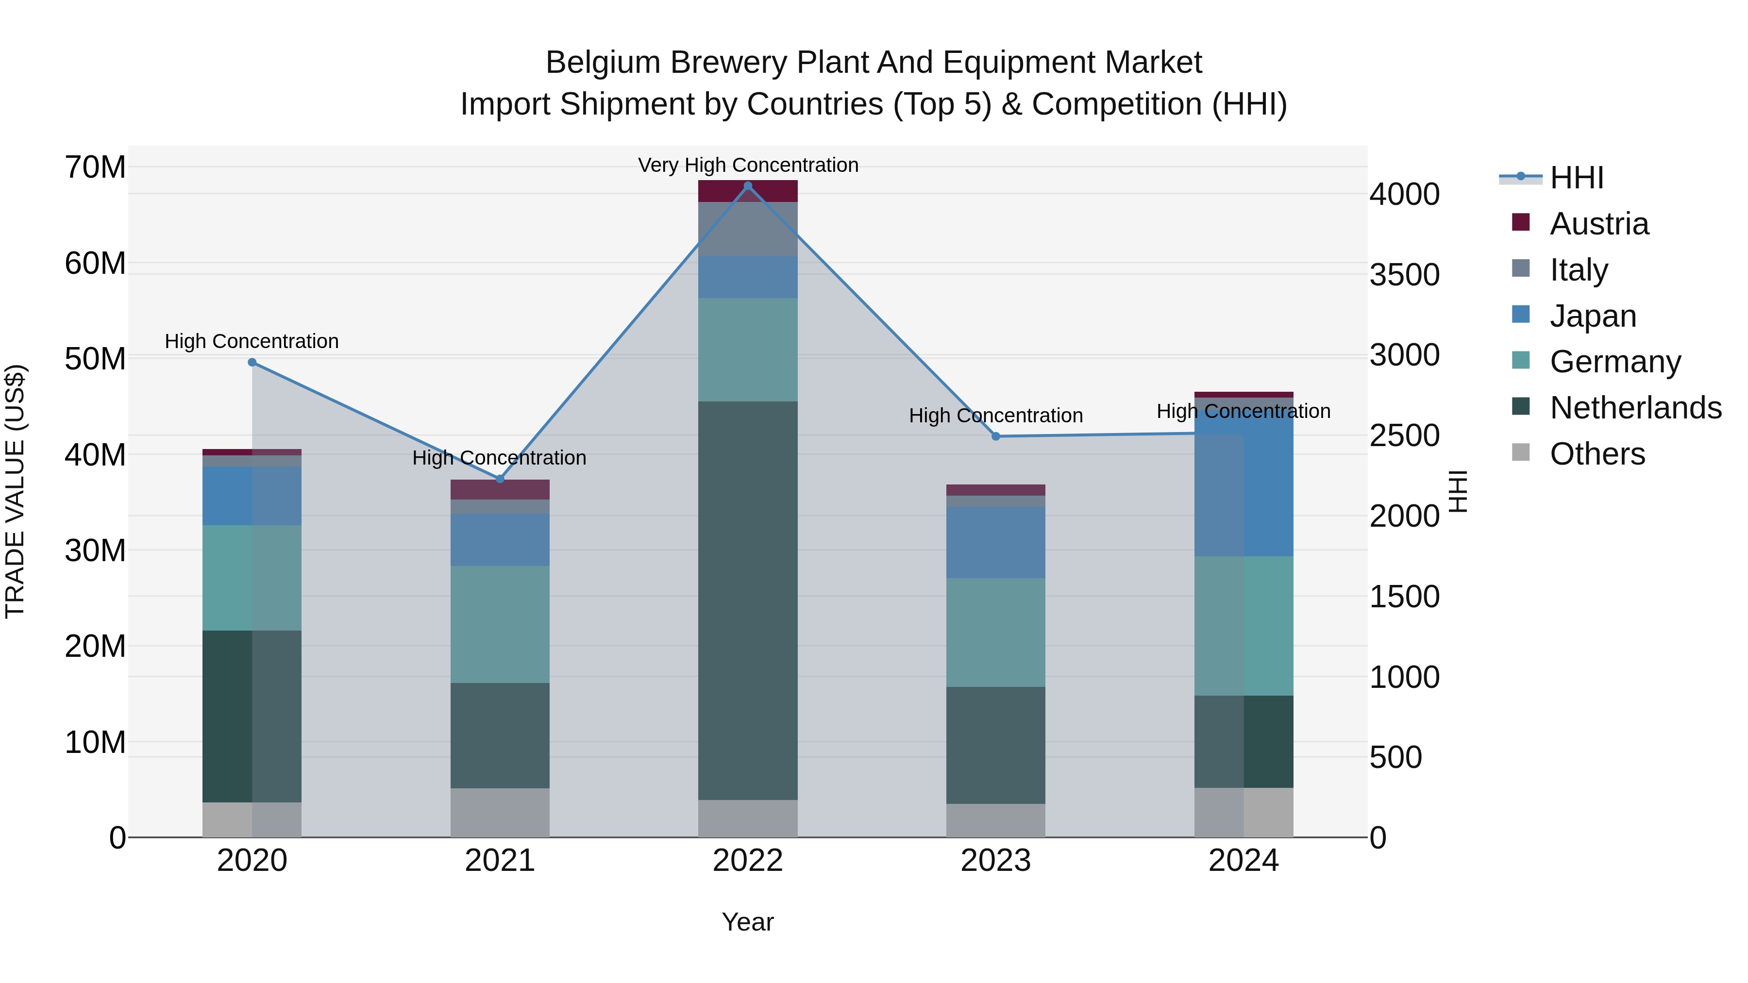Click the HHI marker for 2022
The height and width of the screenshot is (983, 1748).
click(748, 186)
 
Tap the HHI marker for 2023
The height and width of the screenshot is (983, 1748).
click(995, 436)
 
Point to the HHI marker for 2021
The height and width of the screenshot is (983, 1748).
click(500, 479)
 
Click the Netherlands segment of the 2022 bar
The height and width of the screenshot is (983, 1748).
click(748, 600)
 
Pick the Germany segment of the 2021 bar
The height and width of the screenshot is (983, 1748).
click(500, 624)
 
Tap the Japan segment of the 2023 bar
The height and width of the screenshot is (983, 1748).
click(995, 542)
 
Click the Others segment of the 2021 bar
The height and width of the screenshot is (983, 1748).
click(500, 812)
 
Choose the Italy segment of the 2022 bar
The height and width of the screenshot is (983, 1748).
click(748, 229)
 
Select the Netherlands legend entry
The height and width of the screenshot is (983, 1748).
click(1635, 408)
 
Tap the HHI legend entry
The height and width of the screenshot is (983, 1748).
click(1576, 178)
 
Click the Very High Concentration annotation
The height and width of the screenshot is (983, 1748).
click(748, 165)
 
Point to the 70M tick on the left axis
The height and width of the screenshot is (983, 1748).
click(95, 167)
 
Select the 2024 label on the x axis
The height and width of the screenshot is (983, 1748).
click(1243, 861)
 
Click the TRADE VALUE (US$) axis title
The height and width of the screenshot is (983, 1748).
click(15, 491)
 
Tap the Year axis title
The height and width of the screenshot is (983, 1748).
click(748, 922)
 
